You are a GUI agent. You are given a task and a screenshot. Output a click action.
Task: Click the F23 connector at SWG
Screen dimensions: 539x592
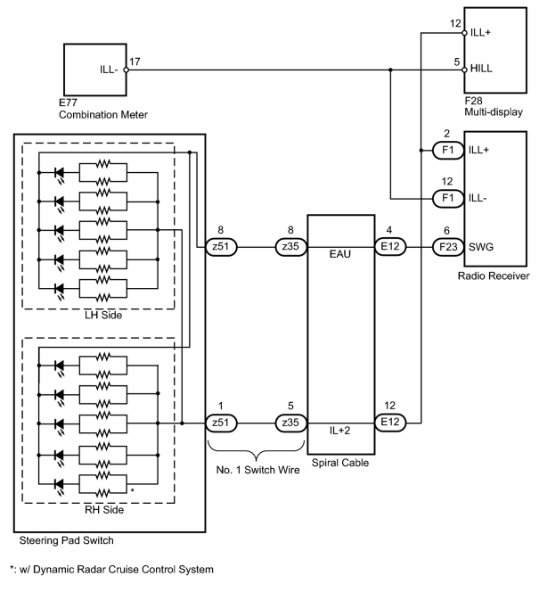[448, 247]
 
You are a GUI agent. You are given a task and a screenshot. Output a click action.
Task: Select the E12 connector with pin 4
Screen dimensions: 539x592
[390, 247]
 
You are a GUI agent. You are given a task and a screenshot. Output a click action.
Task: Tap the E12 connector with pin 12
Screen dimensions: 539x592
[390, 422]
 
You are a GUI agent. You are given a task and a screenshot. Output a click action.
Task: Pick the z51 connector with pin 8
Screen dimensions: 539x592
[221, 247]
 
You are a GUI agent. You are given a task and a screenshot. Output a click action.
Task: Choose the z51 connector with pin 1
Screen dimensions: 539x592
[221, 423]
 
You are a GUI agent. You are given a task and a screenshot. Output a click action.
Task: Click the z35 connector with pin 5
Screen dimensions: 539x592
[290, 423]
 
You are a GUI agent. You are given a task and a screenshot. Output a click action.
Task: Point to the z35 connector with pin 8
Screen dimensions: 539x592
[290, 247]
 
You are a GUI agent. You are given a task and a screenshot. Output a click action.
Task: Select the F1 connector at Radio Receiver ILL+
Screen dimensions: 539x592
[448, 151]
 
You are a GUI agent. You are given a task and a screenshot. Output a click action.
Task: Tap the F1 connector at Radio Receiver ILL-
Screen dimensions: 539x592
[448, 198]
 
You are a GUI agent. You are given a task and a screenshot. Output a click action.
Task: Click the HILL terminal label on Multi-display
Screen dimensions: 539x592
[481, 69]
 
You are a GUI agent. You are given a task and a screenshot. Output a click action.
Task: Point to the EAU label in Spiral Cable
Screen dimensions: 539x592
[339, 254]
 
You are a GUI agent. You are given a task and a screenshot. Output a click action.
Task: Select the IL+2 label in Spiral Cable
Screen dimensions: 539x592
[339, 431]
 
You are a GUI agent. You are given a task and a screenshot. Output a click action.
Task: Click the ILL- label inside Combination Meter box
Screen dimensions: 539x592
[109, 70]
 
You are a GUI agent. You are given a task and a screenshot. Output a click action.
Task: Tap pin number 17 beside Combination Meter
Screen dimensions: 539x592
[135, 62]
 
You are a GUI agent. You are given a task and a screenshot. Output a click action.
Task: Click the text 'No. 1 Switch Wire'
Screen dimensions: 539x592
[258, 470]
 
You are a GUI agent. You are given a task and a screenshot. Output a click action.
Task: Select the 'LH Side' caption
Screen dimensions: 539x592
[103, 316]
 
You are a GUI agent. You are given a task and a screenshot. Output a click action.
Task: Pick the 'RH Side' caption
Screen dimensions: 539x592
[104, 510]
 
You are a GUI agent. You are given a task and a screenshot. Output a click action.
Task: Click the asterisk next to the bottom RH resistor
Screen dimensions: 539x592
[133, 490]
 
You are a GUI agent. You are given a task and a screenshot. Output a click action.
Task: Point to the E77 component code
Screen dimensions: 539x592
[68, 103]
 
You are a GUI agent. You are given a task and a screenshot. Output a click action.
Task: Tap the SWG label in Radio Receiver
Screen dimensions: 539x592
[481, 247]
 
